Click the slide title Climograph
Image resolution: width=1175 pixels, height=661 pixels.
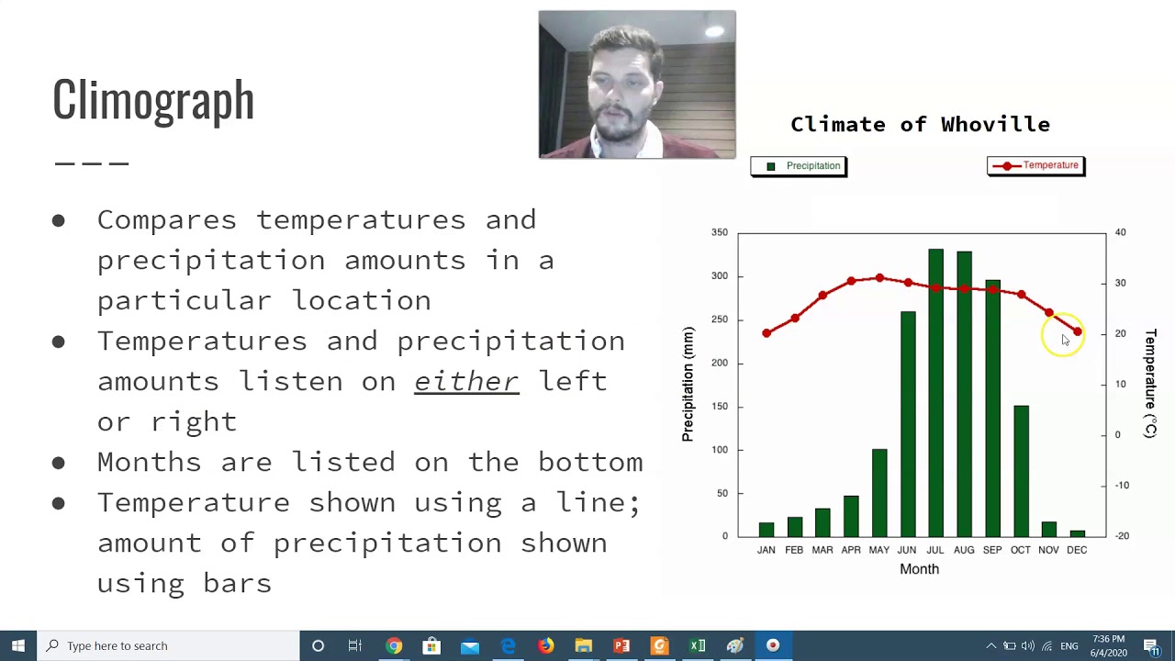tap(153, 99)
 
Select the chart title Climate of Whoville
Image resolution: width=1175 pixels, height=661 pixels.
tap(920, 124)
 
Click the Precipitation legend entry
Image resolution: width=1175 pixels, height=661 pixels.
tap(800, 166)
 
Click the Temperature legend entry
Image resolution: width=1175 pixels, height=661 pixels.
tap(1036, 165)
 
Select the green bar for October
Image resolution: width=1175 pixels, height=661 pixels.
tap(1021, 470)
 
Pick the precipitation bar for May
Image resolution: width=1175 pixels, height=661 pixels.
tap(879, 492)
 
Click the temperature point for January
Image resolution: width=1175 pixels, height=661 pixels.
tap(767, 333)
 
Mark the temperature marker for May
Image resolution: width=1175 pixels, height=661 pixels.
tap(879, 277)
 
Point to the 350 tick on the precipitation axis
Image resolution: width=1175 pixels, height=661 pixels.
tap(719, 232)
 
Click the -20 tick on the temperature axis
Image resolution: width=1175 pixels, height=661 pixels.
tap(1122, 536)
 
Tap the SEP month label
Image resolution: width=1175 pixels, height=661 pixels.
tap(992, 550)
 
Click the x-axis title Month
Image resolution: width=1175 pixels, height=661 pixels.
tap(919, 569)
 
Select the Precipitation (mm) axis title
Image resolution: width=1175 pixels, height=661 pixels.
tap(688, 384)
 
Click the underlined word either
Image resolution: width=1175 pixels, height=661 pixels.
tap(466, 381)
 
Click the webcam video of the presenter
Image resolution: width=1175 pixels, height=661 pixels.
tap(637, 84)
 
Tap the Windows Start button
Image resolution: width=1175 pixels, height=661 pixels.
tap(18, 645)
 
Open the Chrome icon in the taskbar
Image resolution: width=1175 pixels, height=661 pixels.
tap(394, 645)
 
